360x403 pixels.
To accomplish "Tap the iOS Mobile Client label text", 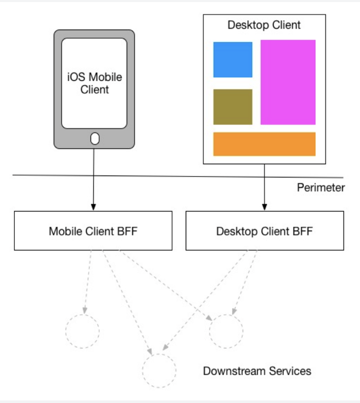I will coord(95,83).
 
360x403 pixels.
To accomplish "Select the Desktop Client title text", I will coord(264,25).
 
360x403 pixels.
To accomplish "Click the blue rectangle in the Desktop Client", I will coord(232,60).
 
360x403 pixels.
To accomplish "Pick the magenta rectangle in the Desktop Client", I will coord(288,82).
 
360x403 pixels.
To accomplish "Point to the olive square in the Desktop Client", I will coord(232,107).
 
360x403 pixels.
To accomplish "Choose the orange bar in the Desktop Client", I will coord(264,144).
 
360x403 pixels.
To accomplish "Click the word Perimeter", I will coord(320,187).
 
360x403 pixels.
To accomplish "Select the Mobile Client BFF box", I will coord(93,231).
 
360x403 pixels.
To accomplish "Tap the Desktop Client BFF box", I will coord(264,231).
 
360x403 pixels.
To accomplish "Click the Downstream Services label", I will coord(257,371).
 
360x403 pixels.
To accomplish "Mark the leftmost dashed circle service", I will coord(82,331).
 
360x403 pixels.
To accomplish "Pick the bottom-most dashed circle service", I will coord(159,370).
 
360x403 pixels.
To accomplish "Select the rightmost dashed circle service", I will coord(226,331).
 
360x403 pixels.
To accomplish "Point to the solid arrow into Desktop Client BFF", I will coord(264,185).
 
